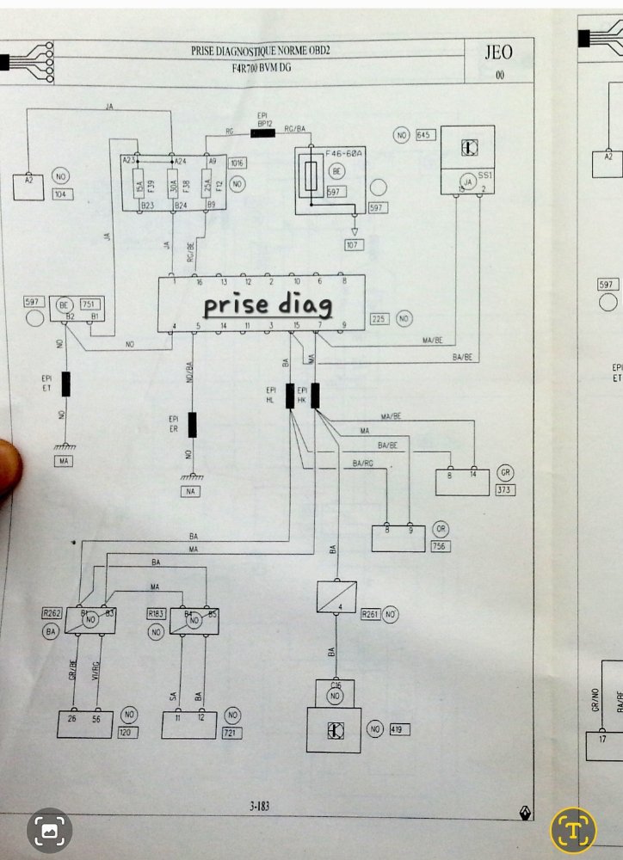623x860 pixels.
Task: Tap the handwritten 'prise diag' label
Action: point(268,304)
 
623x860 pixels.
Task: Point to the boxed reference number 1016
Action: point(237,163)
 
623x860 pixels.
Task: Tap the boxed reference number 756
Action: point(441,544)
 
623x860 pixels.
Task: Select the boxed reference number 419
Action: point(399,730)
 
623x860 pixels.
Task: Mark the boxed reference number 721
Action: point(231,733)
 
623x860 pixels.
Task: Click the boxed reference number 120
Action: point(128,733)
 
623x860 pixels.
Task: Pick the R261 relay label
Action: point(370,614)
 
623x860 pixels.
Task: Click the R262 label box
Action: point(52,614)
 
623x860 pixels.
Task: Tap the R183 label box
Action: point(156,614)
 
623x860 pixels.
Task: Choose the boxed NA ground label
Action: point(190,491)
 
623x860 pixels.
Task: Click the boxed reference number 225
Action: point(379,319)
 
